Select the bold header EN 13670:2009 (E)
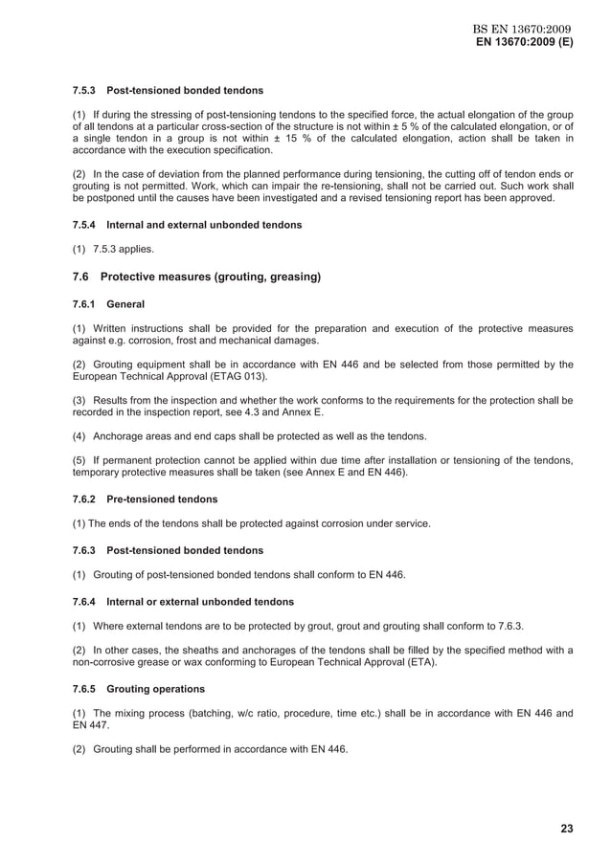(x=525, y=44)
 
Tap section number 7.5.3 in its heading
(x=87, y=91)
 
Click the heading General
(x=125, y=304)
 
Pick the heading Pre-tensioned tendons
(x=162, y=499)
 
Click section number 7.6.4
(x=87, y=603)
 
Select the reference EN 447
(x=89, y=725)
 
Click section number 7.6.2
(x=87, y=499)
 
